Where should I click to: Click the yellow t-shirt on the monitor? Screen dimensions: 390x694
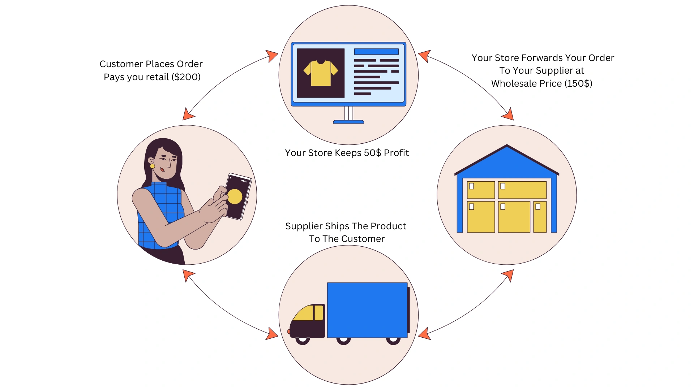[321, 73]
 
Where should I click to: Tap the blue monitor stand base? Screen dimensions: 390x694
[348, 122]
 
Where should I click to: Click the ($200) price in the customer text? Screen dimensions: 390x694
[186, 77]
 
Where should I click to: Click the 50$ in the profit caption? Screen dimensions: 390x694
[372, 153]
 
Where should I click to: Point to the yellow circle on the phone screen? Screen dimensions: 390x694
[235, 196]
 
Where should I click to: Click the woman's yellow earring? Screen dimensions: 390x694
[153, 166]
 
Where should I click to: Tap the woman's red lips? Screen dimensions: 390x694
[162, 169]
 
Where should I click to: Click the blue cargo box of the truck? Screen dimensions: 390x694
[367, 310]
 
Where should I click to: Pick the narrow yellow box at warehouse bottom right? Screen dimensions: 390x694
[540, 217]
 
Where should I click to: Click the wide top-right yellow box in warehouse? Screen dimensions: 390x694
[522, 190]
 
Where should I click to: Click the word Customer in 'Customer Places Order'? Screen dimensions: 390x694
[121, 64]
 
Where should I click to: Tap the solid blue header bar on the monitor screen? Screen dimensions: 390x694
[376, 52]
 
